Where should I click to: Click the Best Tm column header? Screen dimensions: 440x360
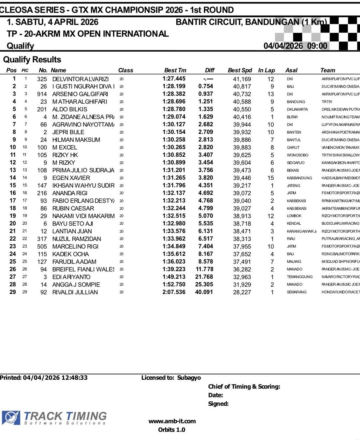[x=175, y=70]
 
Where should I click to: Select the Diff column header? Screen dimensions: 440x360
[x=209, y=70]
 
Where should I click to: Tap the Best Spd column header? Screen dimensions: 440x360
[x=240, y=70]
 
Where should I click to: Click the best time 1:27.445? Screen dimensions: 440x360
[x=174, y=79]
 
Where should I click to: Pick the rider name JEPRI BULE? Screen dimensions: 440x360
[x=68, y=132]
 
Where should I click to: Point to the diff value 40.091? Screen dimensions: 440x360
[x=204, y=292]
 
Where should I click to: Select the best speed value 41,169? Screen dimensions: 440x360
[x=242, y=79]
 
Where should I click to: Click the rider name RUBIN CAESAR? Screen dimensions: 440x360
[x=73, y=208]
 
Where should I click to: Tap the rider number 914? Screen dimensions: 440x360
[x=42, y=94]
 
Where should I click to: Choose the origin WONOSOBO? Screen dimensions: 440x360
[x=297, y=155]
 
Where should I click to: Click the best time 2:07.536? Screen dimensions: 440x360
[x=174, y=292]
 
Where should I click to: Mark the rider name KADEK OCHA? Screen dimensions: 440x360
[x=71, y=254]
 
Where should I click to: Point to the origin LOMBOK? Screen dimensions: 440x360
[x=294, y=216]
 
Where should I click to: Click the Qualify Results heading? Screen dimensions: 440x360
[x=32, y=60]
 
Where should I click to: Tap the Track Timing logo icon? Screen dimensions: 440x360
[x=11, y=418]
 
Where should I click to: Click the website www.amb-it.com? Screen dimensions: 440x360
[x=172, y=421]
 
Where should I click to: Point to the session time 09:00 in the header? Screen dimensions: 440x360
[x=317, y=46]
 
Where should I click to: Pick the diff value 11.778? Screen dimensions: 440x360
[x=204, y=269]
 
